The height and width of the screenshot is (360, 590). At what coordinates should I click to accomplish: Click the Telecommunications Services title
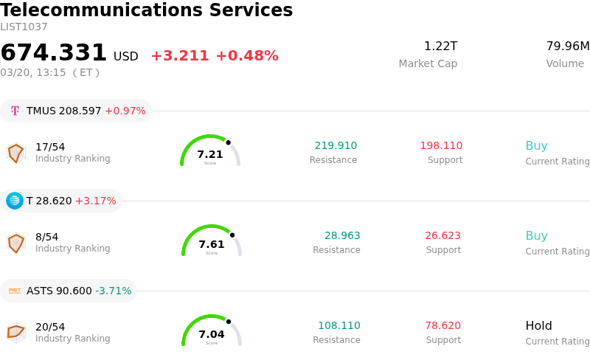pos(147,10)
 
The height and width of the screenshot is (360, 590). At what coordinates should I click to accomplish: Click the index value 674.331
pos(54,53)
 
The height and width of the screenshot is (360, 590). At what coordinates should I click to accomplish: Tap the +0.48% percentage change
pos(247,56)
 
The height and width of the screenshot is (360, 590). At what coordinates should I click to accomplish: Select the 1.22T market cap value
pos(440,46)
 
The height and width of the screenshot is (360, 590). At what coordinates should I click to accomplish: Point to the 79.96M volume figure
pos(567,46)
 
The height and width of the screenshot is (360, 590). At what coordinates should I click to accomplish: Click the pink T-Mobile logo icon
pos(15,111)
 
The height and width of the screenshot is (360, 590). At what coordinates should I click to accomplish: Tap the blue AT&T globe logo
pos(15,201)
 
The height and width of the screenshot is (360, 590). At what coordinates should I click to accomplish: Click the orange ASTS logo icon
pos(15,291)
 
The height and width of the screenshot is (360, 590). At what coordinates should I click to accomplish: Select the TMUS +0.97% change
pos(125,111)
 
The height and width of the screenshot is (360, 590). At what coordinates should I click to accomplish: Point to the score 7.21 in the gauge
pos(210,154)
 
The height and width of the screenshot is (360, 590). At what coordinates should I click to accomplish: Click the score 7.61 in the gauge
pos(212,244)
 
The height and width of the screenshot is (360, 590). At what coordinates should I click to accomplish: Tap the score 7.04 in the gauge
pos(212,334)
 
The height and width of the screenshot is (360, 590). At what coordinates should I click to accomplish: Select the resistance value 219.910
pos(336,146)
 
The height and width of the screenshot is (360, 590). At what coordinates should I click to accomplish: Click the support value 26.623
pos(442,236)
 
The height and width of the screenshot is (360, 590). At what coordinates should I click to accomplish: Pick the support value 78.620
pos(442,326)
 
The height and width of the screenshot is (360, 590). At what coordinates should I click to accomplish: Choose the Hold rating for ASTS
pos(538,326)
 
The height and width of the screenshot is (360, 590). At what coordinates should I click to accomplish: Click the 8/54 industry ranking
pos(46,237)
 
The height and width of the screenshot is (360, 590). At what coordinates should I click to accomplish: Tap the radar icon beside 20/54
pos(15,333)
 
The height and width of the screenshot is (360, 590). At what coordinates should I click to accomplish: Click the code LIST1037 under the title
pos(24,27)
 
